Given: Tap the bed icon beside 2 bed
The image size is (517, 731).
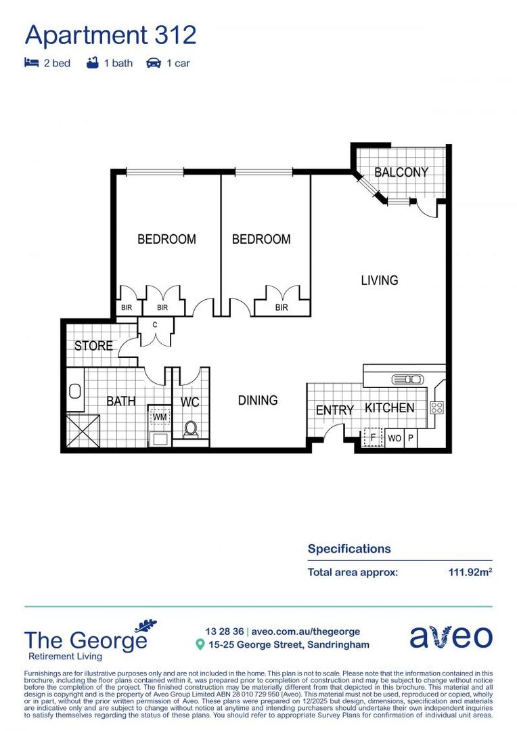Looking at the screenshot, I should click(x=31, y=63).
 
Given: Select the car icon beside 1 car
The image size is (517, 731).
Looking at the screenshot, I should click(x=154, y=63).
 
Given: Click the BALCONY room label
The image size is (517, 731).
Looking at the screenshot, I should click(x=401, y=172).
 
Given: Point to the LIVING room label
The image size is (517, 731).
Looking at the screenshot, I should click(x=379, y=280).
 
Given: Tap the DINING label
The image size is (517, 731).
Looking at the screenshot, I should click(x=258, y=400).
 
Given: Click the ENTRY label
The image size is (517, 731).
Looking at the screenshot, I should click(x=335, y=410).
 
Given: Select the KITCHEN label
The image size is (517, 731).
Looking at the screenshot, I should click(x=390, y=407).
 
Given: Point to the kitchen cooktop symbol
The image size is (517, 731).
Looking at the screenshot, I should click(x=437, y=407).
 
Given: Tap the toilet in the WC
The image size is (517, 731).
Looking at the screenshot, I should click(x=190, y=428).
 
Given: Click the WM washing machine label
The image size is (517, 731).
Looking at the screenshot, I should click(x=160, y=417).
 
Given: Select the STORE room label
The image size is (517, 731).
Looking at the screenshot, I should click(x=93, y=345).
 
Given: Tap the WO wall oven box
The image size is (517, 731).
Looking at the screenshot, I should click(x=395, y=438).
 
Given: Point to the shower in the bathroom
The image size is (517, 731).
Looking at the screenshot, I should click(x=83, y=431).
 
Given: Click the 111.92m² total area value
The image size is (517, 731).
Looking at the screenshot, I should click(x=470, y=572).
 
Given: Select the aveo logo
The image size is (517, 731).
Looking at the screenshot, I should click(x=451, y=637).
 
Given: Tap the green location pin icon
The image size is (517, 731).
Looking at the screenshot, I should click(x=200, y=645).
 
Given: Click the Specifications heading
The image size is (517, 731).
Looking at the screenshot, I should click(x=349, y=549).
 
